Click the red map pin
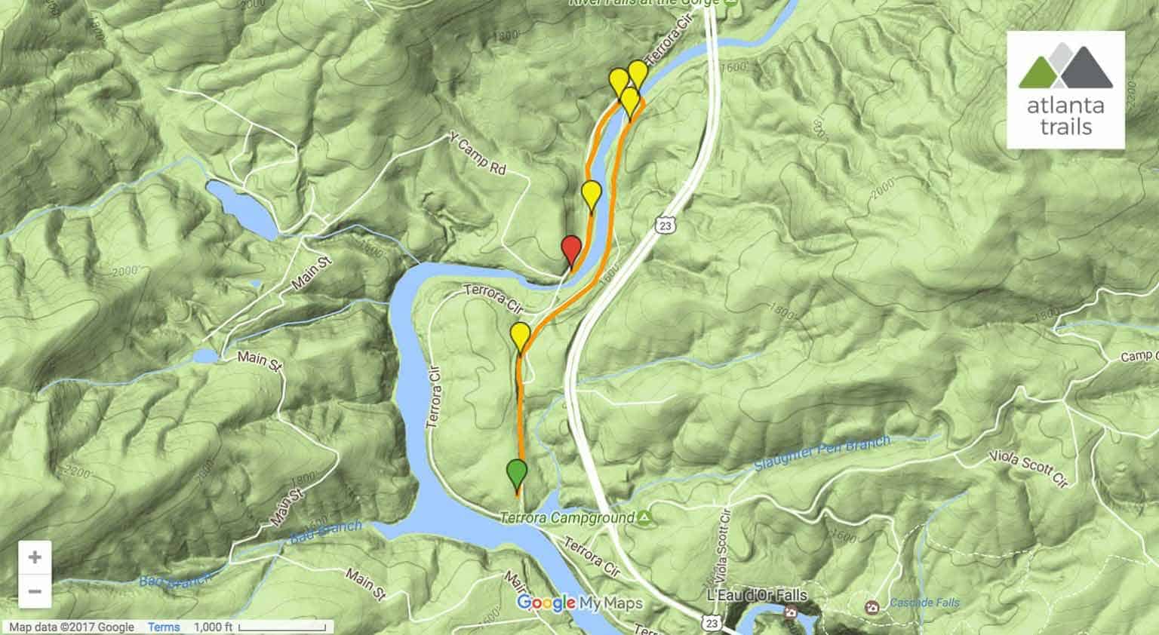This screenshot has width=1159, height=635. (571, 250)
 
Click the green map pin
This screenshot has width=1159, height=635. (517, 474)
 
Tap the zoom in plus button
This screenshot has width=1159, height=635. (35, 558)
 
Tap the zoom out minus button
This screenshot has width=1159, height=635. (35, 591)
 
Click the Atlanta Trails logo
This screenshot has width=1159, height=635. (1065, 90)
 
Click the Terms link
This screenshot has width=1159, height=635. (164, 627)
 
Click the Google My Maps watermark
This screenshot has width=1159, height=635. (579, 603)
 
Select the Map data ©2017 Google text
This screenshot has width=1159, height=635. (72, 627)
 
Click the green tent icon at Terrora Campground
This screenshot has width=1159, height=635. (644, 517)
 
